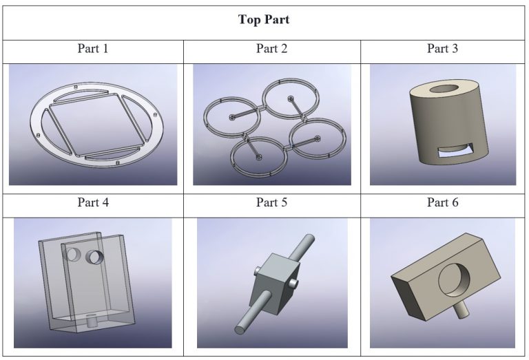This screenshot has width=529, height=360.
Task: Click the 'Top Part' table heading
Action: tap(264, 19)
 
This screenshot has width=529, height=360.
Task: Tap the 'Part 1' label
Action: tap(93, 49)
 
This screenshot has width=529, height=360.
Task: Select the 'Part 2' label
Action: tap(271, 49)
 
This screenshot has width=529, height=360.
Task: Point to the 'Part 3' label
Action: tap(442, 49)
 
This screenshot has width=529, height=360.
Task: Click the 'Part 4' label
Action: tap(93, 202)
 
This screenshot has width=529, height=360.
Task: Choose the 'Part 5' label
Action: tap(271, 202)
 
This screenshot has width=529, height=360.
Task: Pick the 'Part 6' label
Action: tap(442, 202)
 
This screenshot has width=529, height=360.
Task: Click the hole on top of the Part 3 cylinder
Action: tap(444, 89)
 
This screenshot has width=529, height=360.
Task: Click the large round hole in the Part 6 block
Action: tap(454, 279)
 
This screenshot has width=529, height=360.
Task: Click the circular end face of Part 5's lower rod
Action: tap(240, 329)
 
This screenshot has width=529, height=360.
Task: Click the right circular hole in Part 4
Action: tap(94, 257)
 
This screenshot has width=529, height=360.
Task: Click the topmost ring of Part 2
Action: tap(291, 98)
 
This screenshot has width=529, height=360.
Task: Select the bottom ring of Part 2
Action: tap(259, 157)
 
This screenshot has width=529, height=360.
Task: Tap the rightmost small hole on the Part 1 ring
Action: tap(155, 115)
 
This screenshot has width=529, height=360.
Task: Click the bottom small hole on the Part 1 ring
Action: tap(117, 163)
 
